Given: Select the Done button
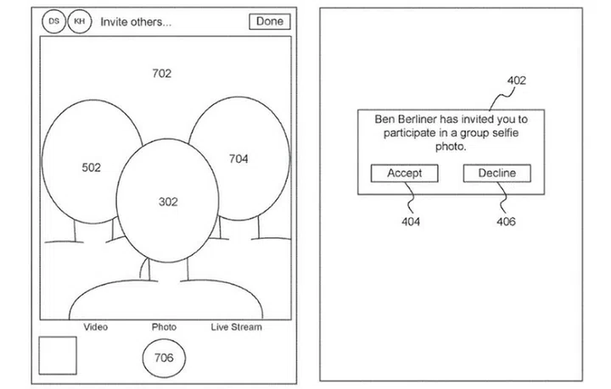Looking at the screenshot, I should [270, 22].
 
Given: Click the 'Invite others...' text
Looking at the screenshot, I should [136, 22].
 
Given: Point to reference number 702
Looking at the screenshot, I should [161, 74].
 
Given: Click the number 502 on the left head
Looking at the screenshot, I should [91, 168].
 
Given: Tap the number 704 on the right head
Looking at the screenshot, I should [238, 158].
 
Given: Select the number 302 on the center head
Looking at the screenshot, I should [168, 202].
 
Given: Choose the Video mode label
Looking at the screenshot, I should [95, 326].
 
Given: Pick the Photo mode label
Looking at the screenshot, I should [164, 326].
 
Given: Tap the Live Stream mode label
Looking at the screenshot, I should [236, 326].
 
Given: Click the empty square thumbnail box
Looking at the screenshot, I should [58, 354].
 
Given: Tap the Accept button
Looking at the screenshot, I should [404, 173].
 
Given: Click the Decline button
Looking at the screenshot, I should [497, 173].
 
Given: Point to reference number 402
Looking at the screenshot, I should [516, 81].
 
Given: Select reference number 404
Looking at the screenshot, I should [411, 222].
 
